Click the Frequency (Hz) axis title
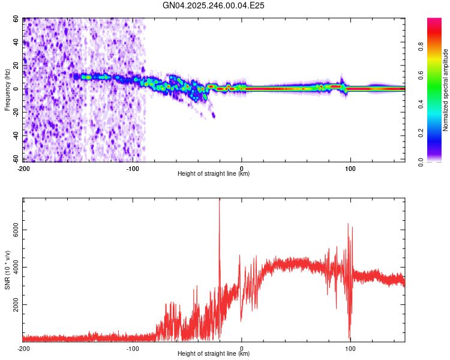[x=8, y=89]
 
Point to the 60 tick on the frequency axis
[x=16, y=19]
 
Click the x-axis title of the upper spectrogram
[x=214, y=173]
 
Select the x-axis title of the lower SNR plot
[x=214, y=354]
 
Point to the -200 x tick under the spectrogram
[x=23, y=167]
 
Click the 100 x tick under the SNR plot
[x=350, y=348]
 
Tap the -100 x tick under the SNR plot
[x=133, y=348]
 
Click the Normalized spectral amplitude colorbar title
[x=445, y=90]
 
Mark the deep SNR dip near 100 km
[x=350, y=337]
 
